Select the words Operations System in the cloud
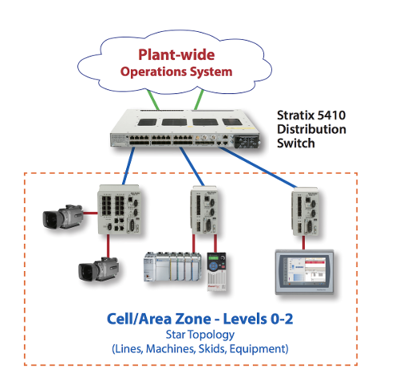176,72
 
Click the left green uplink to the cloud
152,99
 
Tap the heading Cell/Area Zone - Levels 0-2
199,319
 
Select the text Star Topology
199,335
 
